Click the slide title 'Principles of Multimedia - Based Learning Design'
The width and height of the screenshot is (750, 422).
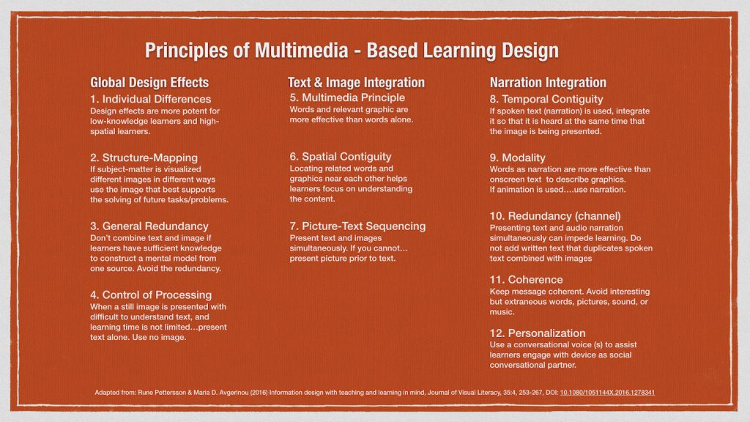coord(352,51)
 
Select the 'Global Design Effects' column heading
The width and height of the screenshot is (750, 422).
coord(149,83)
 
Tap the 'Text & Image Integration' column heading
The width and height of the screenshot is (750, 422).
coord(356,83)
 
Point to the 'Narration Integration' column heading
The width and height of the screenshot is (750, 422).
coord(548,83)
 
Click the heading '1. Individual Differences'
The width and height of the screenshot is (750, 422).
coord(151,99)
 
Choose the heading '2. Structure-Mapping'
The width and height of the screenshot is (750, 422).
coord(144,158)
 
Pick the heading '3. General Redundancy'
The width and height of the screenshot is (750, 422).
coord(149,226)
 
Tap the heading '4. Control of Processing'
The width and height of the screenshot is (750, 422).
coord(151,295)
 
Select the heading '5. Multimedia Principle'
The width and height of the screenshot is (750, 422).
coord(347,97)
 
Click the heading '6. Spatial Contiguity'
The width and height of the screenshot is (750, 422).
coord(341,157)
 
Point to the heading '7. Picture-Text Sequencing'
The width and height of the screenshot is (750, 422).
coord(357,226)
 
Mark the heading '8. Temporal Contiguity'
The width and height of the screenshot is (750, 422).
coord(546,99)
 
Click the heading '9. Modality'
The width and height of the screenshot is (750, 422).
coord(518,158)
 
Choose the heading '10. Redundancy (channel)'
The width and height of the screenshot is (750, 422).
coord(555,216)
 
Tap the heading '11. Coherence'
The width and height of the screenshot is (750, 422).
coord(526,279)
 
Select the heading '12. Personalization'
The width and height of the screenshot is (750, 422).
coord(538,333)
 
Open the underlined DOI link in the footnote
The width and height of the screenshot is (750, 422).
coord(607,393)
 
